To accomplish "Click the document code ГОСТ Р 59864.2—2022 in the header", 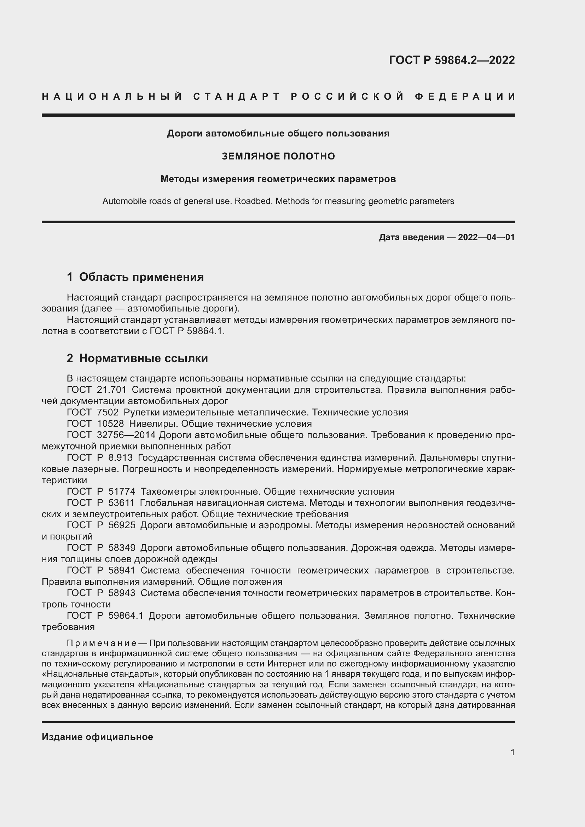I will pyautogui.click(x=452, y=60).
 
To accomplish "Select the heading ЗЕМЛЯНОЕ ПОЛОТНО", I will pyautogui.click(x=278, y=156).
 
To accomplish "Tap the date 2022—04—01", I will pyautogui.click(x=486, y=237).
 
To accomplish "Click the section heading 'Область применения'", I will pyautogui.click(x=141, y=277).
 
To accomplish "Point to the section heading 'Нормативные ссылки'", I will pyautogui.click(x=143, y=359).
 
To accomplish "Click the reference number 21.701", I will pyautogui.click(x=112, y=390).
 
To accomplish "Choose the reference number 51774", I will pyautogui.click(x=122, y=492).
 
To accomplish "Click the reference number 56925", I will pyautogui.click(x=122, y=525).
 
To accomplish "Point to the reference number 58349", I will pyautogui.click(x=122, y=548).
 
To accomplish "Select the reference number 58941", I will pyautogui.click(x=122, y=571).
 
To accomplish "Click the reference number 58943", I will pyautogui.click(x=122, y=593).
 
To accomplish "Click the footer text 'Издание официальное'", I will pyautogui.click(x=97, y=737).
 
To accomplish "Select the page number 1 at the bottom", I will pyautogui.click(x=512, y=752).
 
